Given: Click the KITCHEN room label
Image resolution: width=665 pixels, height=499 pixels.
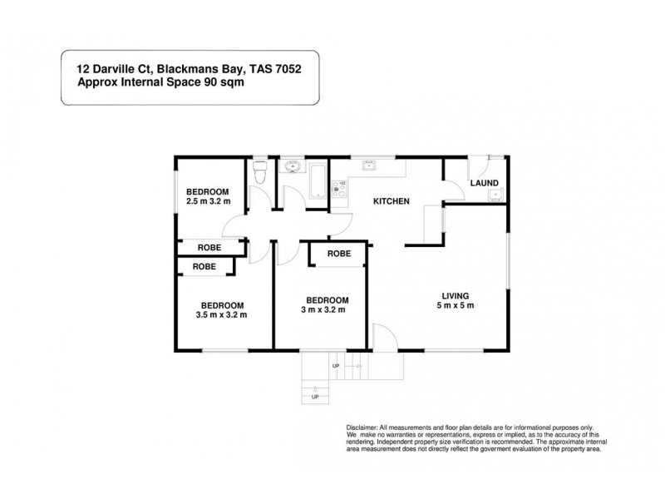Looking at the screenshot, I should coord(390,201).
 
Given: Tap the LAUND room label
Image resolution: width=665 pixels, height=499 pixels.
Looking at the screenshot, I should coord(484,183).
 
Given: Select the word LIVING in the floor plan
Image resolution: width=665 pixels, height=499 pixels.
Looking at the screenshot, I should coord(456,295).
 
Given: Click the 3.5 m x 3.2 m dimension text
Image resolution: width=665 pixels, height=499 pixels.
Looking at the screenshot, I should coord(221,314).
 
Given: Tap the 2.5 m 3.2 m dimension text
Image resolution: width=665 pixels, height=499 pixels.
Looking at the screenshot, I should coord(208,201).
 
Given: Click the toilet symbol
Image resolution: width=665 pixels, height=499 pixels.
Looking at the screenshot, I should coord(259,173).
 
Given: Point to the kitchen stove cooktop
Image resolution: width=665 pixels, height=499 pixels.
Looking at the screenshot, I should coord(338,190).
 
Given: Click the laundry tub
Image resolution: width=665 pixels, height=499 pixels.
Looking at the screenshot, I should coord(495,195).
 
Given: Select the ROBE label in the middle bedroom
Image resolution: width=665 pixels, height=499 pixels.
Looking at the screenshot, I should coord(337,254).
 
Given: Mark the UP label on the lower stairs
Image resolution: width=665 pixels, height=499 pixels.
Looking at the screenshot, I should coord(315,397).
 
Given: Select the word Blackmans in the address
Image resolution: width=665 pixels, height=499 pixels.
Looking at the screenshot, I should coord(177,71).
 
